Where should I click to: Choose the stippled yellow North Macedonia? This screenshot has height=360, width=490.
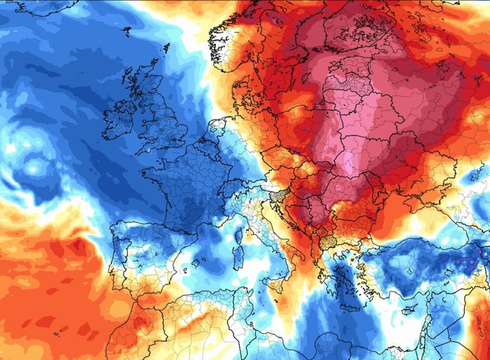coord(331,245)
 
